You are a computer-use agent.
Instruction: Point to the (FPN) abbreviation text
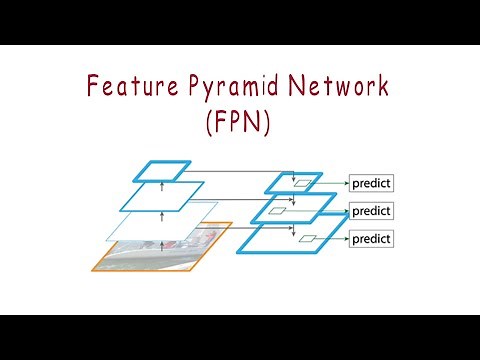coord(240,125)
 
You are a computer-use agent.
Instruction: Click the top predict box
coord(371,183)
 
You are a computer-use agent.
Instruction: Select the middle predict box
coord(371,211)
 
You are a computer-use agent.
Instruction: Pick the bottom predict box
coord(371,239)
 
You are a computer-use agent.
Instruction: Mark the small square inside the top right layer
coord(300,183)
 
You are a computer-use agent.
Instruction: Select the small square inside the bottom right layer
coord(309,239)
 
